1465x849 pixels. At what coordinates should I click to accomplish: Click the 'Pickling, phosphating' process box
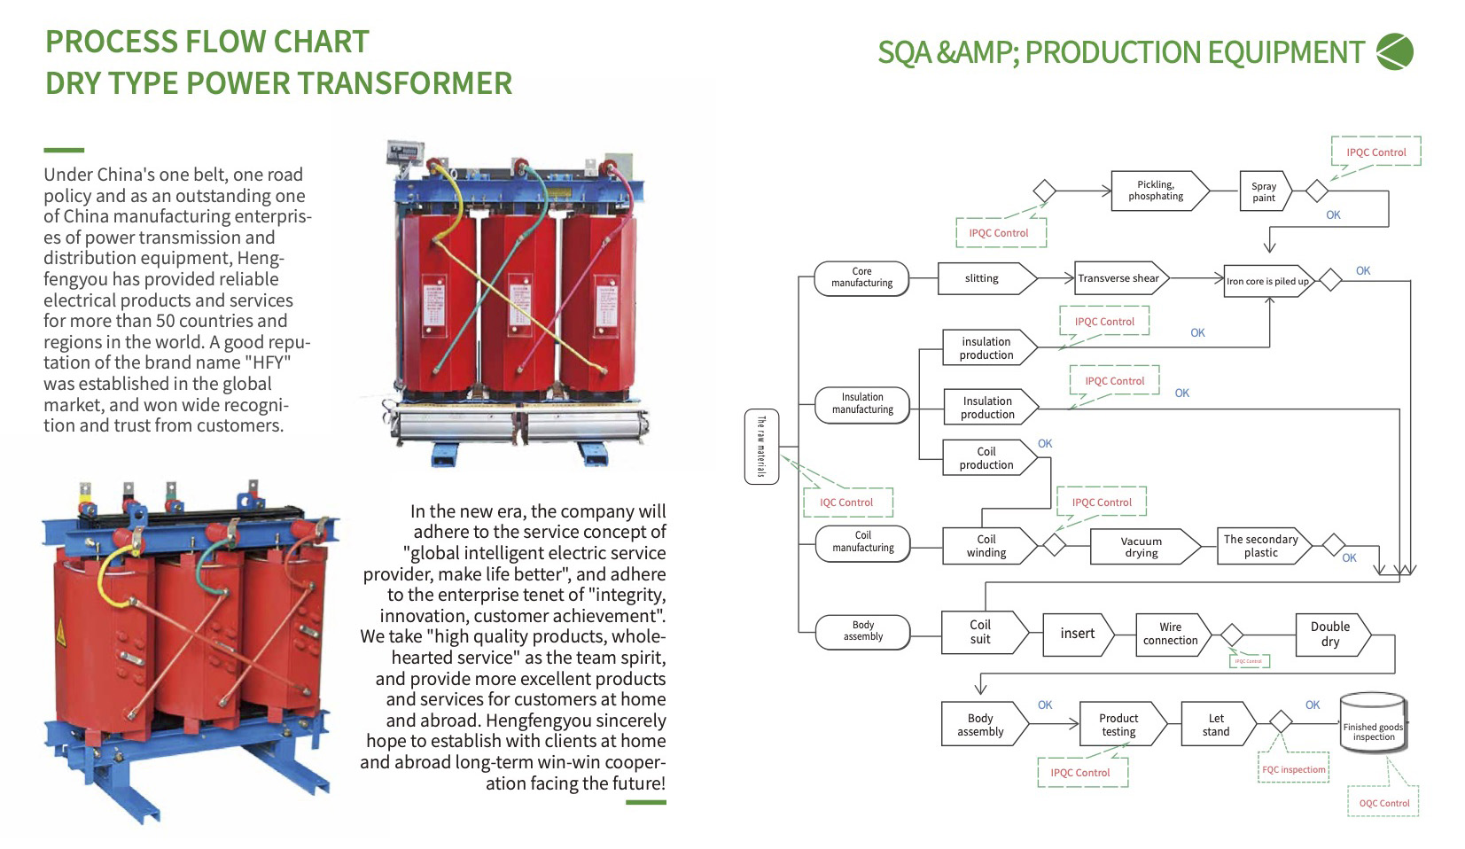tap(1157, 191)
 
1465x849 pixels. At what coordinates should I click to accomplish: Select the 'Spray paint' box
tap(1264, 191)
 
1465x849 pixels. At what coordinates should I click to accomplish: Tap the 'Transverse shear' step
tap(1118, 278)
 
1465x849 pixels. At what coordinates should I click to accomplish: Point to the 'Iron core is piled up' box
tap(1267, 281)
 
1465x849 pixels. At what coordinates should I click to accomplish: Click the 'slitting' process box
tap(983, 278)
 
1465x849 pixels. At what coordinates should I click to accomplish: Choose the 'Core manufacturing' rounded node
tap(861, 277)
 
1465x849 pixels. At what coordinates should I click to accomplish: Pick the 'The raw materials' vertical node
tap(760, 447)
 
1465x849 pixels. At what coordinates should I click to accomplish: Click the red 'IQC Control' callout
tap(846, 502)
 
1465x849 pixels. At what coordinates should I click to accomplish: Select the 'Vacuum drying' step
tap(1142, 547)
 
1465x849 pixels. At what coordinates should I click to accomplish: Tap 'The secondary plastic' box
tap(1261, 546)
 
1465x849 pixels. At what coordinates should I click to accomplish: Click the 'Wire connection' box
tap(1171, 634)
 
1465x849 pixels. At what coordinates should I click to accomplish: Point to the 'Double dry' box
tap(1330, 634)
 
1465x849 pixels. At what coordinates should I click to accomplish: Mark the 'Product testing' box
tap(1118, 725)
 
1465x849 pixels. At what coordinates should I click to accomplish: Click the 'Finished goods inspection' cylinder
tap(1373, 724)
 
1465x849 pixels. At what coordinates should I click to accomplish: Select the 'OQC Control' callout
tap(1383, 803)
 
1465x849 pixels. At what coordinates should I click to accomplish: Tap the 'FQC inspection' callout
tap(1294, 769)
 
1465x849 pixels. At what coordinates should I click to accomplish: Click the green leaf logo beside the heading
tap(1395, 51)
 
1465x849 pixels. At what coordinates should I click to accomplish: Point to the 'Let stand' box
tap(1216, 725)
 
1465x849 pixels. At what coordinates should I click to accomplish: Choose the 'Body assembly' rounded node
tap(862, 631)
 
